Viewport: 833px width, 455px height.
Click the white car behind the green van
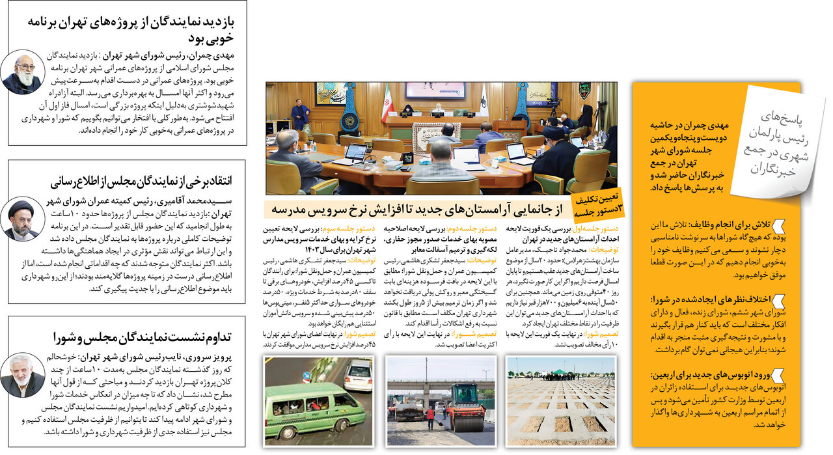coord(357,375)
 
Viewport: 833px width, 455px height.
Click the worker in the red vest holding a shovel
coord(430,417)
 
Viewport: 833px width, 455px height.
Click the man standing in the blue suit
coord(300,115)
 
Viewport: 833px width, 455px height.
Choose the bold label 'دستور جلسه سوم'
coord(353,230)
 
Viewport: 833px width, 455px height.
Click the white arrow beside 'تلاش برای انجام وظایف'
coord(778,226)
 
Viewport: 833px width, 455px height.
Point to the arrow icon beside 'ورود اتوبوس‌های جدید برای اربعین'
coord(778,376)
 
